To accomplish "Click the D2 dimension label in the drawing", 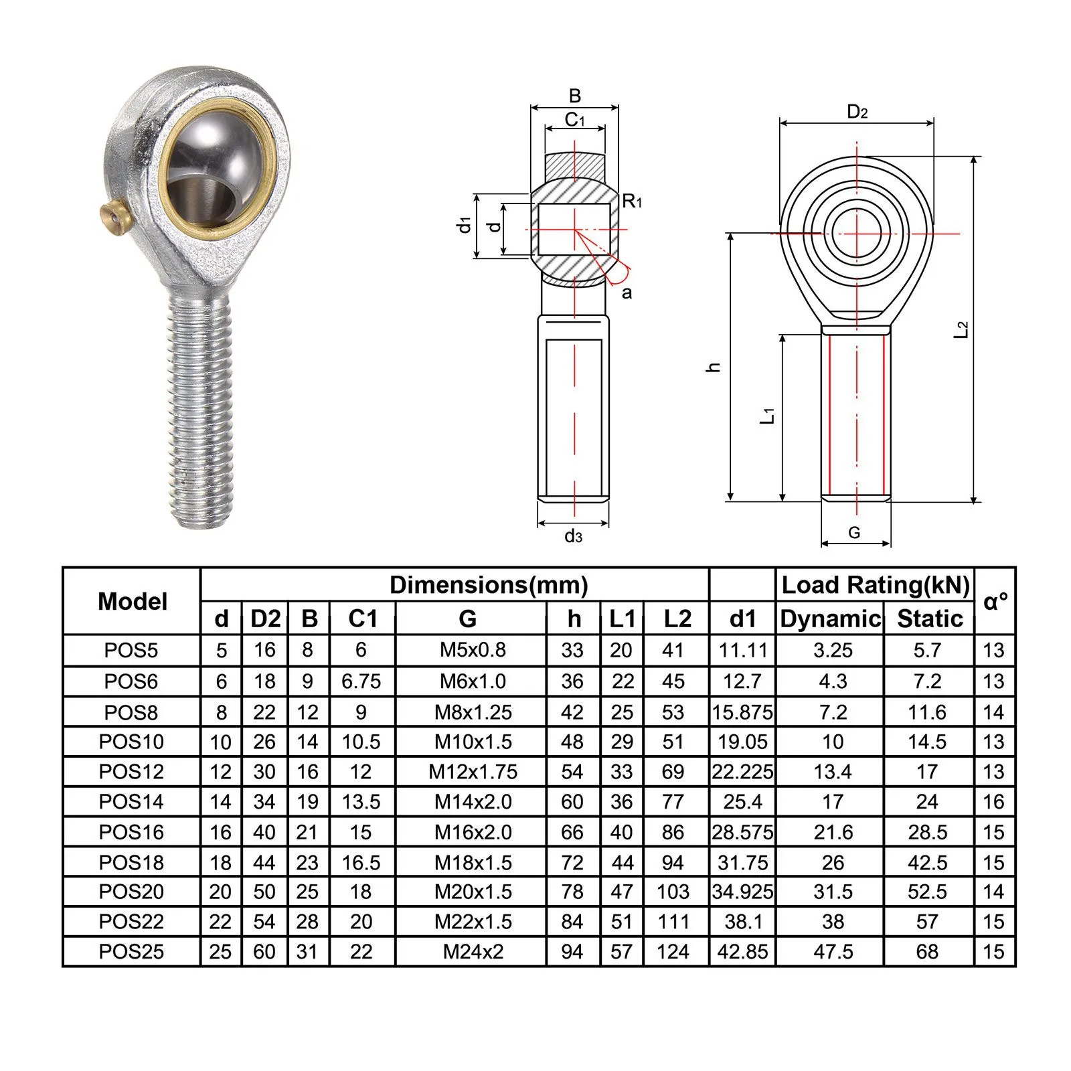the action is click(x=857, y=112).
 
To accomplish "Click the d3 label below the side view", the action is click(x=573, y=535).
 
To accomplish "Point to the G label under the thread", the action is click(x=854, y=533).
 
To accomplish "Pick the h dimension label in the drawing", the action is click(x=714, y=367).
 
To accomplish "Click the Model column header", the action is click(x=133, y=601).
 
